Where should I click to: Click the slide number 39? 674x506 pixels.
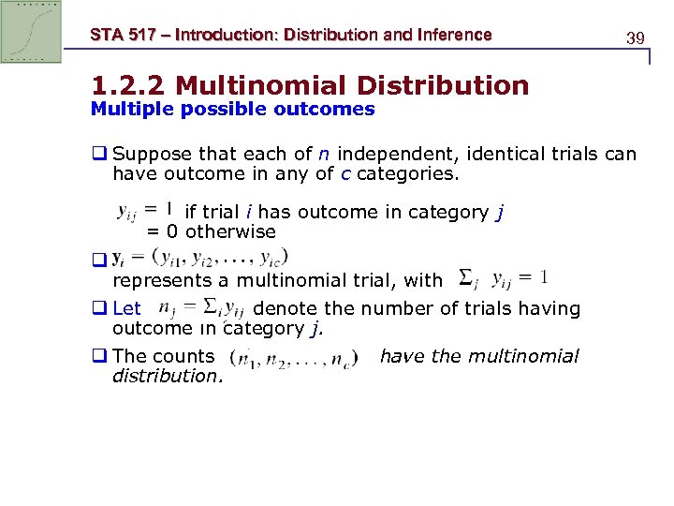pos(636,38)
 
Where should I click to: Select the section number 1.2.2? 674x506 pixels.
pos(128,86)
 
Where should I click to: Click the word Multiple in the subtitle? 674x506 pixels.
pos(126,109)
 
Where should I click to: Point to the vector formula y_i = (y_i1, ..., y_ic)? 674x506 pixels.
pos(199,257)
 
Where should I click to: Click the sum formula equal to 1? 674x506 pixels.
pos(504,278)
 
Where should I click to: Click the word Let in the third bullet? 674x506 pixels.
pos(126,308)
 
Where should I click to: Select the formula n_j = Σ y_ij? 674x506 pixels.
pos(202,307)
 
